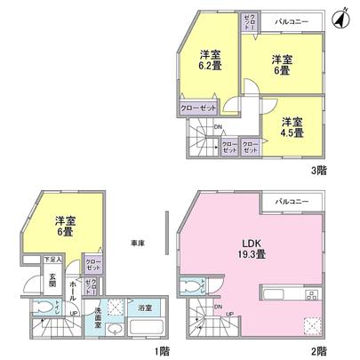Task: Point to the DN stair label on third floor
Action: point(220,125)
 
